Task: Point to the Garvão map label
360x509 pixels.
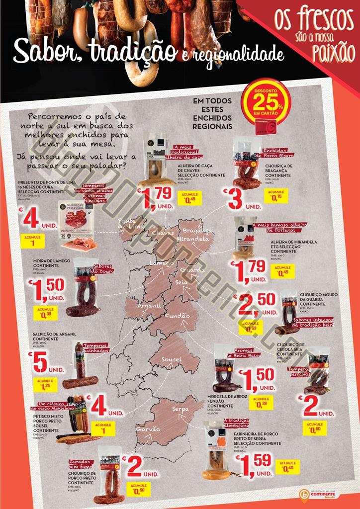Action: pos(148,429)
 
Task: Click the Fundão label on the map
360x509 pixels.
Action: pos(178,316)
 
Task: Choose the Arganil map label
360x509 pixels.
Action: pos(149,305)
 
